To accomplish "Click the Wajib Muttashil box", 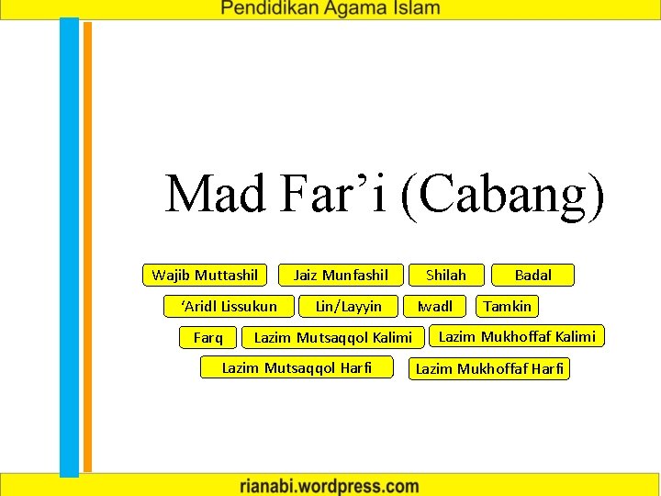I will coord(205,275).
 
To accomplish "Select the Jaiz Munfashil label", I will coord(341,275).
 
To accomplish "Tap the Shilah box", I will coord(445,275).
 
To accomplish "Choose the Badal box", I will coord(532,275).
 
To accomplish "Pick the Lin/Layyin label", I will coord(348,306).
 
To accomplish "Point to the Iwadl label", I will coord(435,306).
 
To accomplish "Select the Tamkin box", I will coord(508,306).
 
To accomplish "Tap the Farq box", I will coord(208,337).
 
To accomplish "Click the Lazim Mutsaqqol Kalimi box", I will coord(332,337).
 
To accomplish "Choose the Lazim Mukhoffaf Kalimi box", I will coord(517,336).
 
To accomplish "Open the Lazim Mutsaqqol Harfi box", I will coord(297,367).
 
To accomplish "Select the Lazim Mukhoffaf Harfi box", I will coord(490,369).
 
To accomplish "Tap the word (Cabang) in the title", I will coord(502,196).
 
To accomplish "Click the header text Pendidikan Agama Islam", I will coord(330,9).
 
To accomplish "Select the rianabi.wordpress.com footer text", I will coord(330,484).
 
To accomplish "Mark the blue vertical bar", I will coord(70,248).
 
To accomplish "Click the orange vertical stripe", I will coord(88,248).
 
